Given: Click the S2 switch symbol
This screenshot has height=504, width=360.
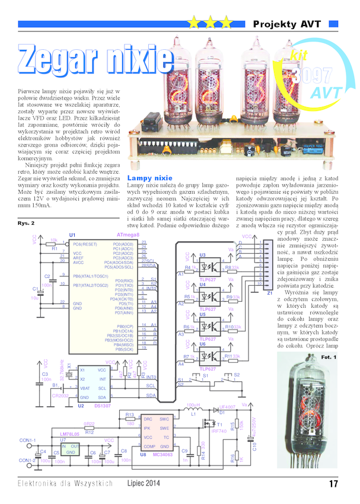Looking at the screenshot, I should (237, 378).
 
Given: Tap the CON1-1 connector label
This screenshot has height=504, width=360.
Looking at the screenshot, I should (28, 440).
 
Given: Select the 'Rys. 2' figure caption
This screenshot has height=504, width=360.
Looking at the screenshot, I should (27, 223).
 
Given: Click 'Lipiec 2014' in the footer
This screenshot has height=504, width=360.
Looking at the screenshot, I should (144, 483).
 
